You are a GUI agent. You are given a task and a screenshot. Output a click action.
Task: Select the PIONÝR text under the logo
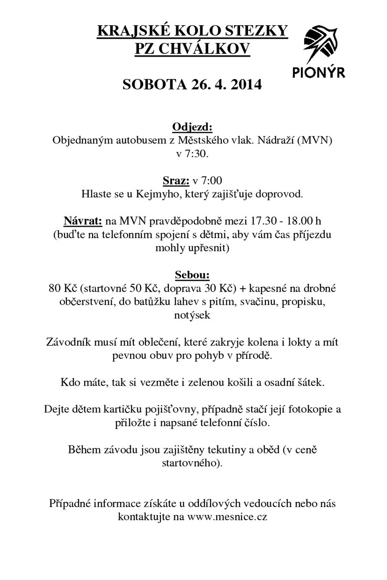click(319, 72)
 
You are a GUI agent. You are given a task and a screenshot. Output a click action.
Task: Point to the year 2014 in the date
click(246, 84)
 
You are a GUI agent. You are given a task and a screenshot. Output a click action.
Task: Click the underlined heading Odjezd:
click(192, 127)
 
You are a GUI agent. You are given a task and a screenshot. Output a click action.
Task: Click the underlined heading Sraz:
click(176, 181)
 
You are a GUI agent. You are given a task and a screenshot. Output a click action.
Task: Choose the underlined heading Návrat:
click(83, 221)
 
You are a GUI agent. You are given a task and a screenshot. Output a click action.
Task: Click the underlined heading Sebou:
click(192, 275)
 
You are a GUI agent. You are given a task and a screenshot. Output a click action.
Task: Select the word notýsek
click(192, 315)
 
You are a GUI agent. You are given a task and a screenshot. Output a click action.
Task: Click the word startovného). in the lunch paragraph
click(192, 463)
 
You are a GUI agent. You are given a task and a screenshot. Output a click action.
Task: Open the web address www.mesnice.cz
click(227, 517)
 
